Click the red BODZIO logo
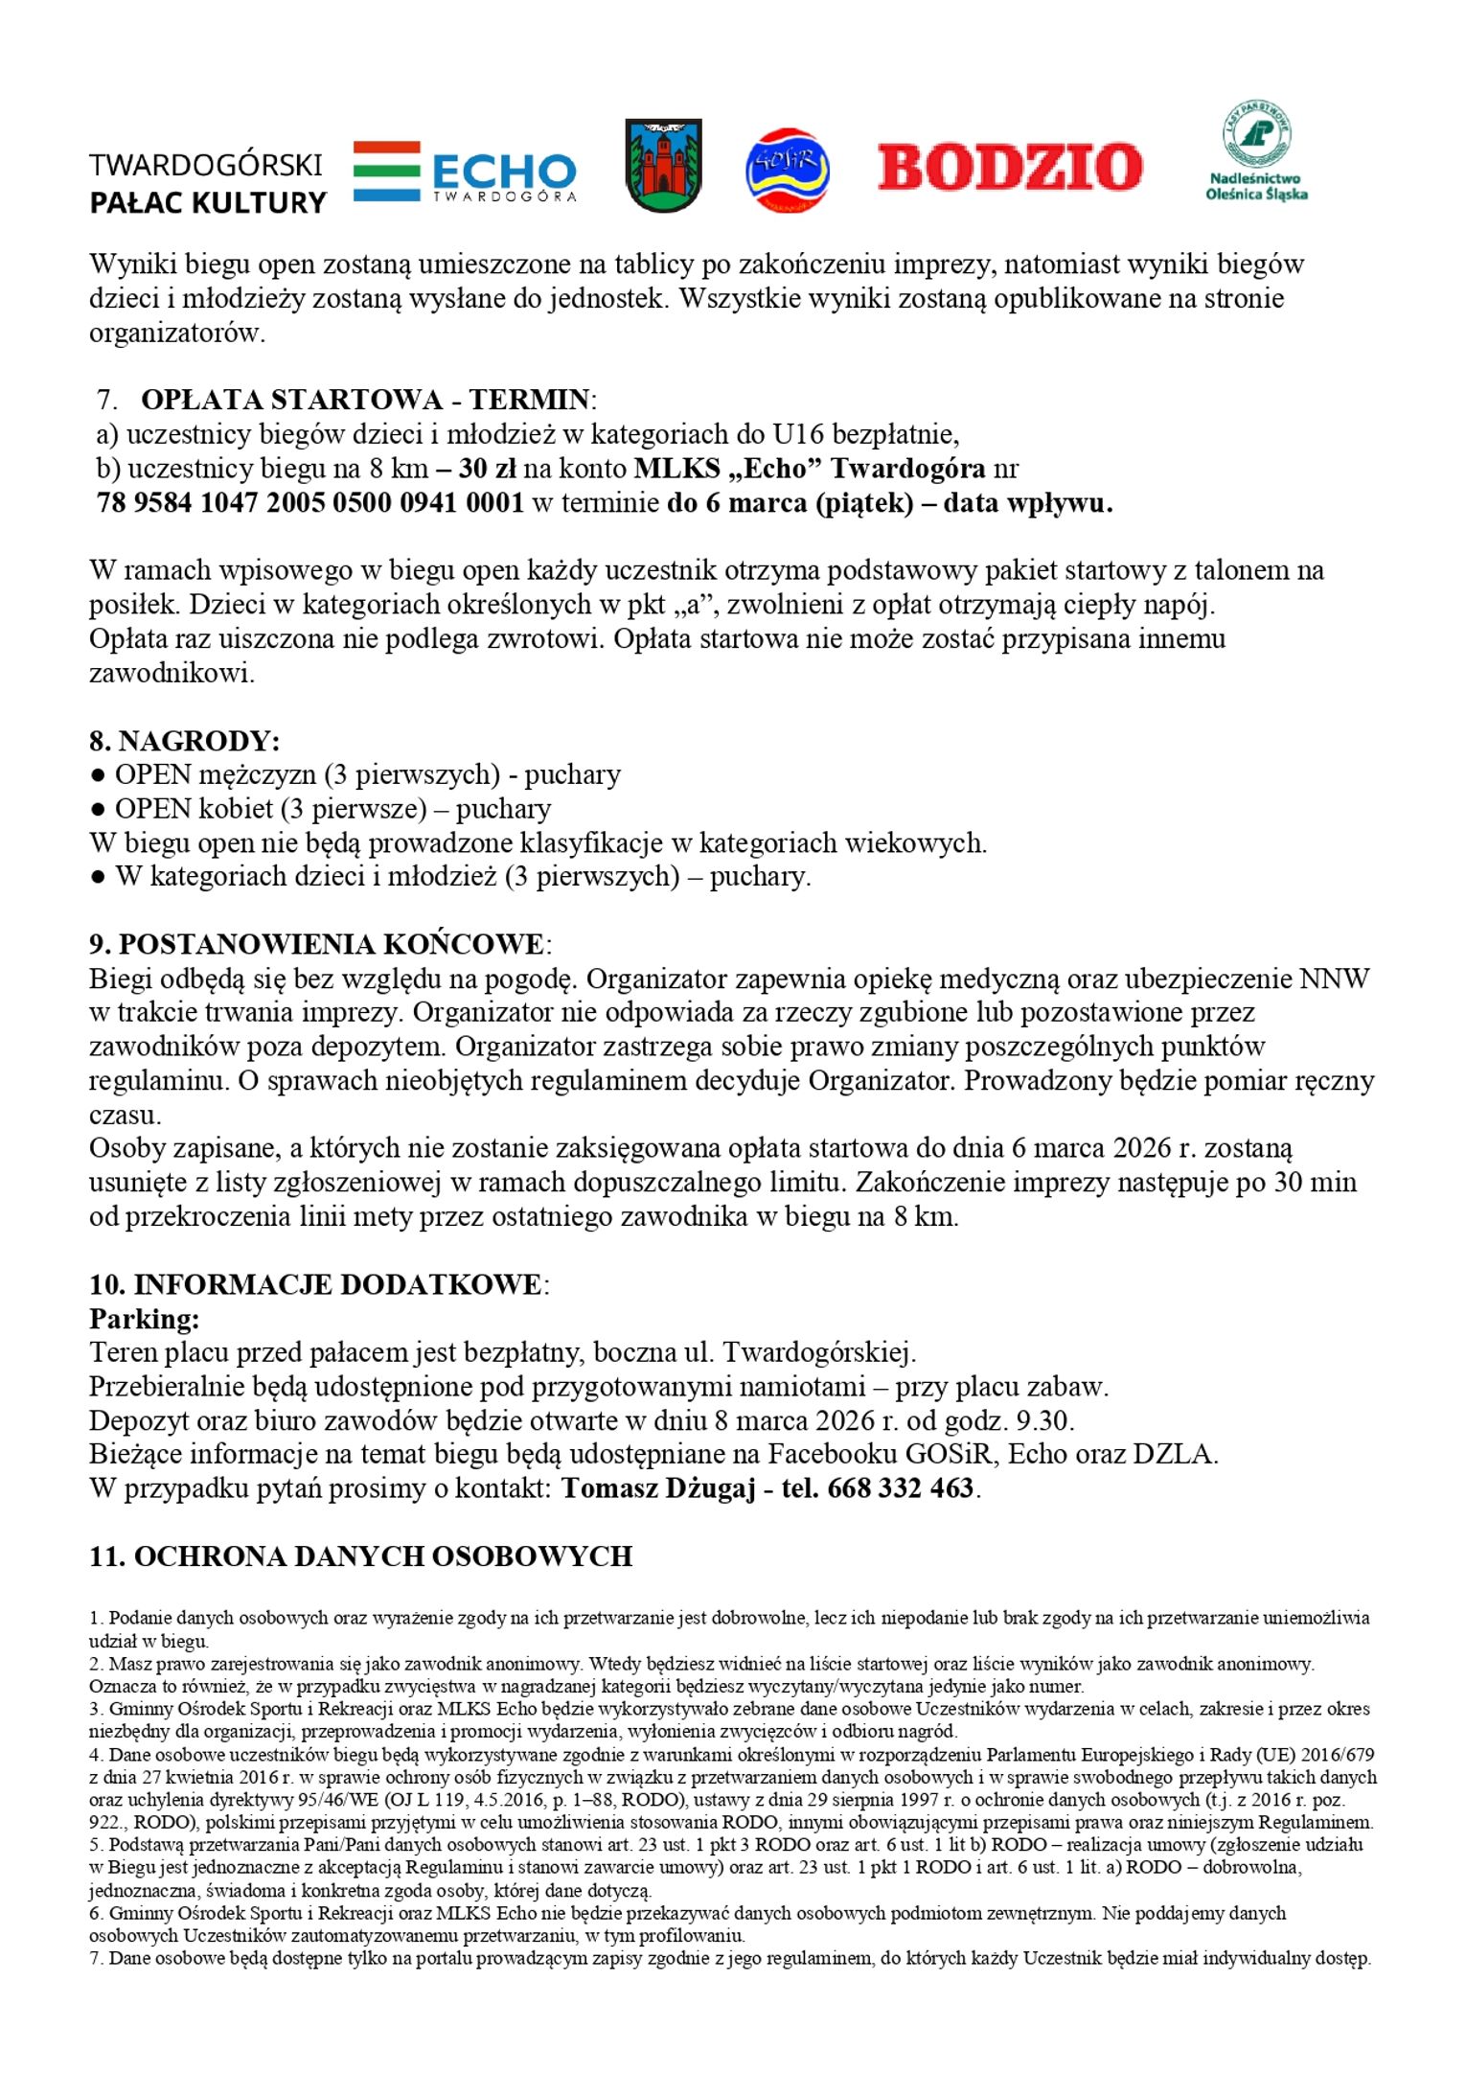(x=1009, y=167)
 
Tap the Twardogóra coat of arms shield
(x=663, y=166)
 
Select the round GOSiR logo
(x=787, y=171)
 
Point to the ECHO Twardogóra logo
(x=465, y=173)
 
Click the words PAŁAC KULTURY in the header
(x=208, y=203)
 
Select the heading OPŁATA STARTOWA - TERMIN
(x=365, y=400)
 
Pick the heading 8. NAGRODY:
(x=184, y=741)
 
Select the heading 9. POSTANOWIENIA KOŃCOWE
(x=317, y=944)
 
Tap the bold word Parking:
(x=145, y=1319)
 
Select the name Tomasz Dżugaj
(x=658, y=1488)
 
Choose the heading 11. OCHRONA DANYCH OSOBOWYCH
(x=360, y=1556)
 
